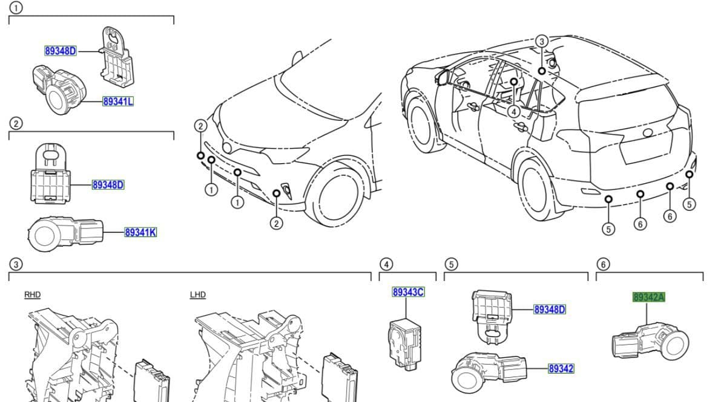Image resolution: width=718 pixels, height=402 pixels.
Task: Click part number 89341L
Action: [118, 102]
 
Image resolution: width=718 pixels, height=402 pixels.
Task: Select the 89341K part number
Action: [140, 232]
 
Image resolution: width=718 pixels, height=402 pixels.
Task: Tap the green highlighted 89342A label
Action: [648, 297]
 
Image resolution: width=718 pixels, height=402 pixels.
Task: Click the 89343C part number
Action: [408, 292]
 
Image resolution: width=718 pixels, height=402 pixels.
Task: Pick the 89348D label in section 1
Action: [61, 51]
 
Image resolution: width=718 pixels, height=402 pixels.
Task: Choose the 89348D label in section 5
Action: [549, 310]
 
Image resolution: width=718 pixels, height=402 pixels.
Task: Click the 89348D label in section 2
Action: [108, 184]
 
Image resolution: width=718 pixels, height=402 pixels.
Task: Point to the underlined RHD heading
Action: [32, 295]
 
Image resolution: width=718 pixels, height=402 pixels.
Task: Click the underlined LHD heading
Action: [198, 295]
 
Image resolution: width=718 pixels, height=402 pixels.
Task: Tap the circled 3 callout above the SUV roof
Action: [542, 41]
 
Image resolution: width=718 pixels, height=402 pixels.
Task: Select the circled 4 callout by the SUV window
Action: [513, 111]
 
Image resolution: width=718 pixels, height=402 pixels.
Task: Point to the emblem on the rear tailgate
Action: [648, 132]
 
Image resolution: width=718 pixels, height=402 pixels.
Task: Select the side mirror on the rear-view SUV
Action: [440, 77]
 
